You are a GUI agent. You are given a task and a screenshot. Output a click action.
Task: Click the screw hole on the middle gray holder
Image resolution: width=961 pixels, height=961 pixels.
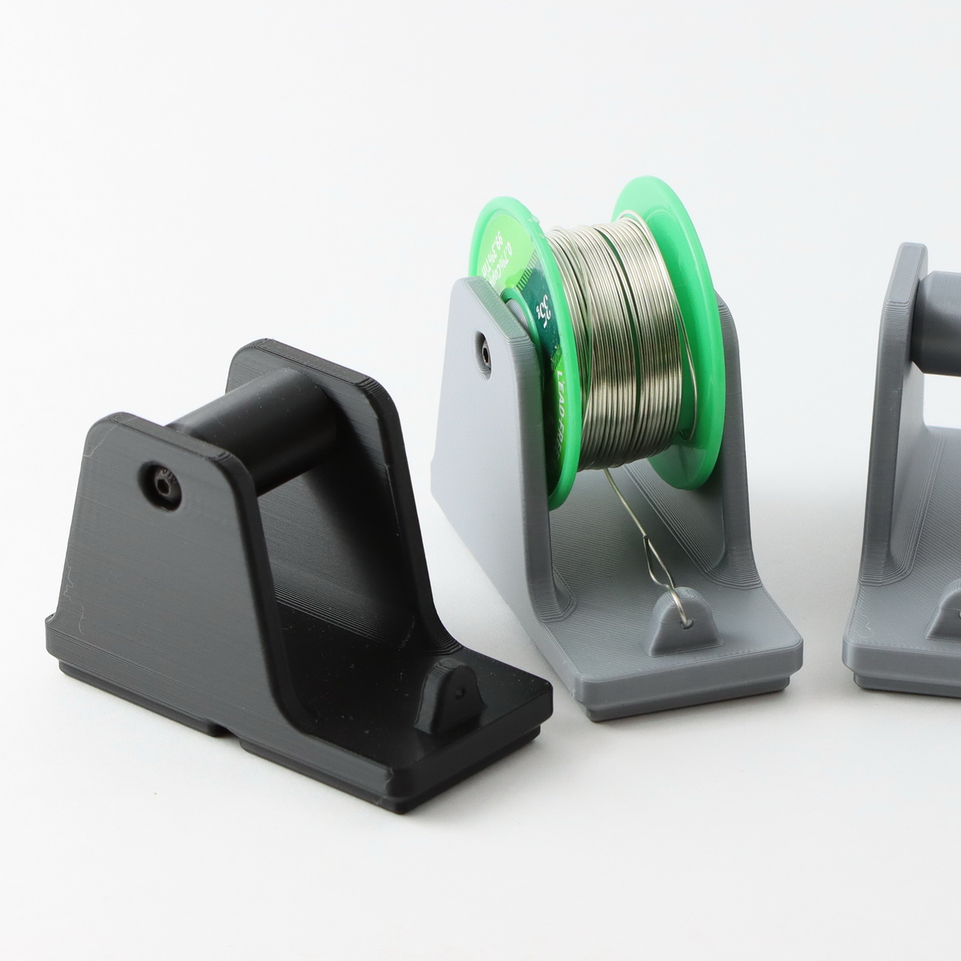coord(484,352)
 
